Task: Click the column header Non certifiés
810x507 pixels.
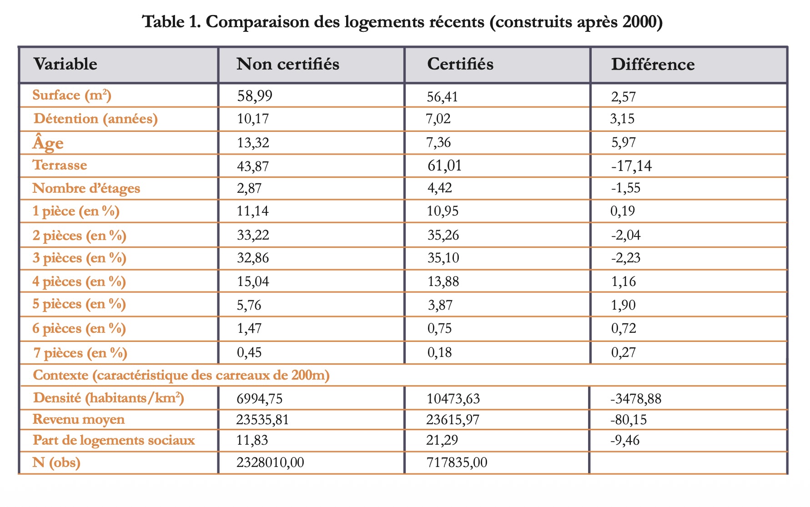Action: tap(287, 64)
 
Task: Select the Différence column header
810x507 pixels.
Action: tap(652, 65)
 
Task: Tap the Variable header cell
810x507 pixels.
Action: tap(65, 64)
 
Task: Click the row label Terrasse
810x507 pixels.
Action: tap(60, 165)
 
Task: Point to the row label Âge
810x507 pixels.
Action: tap(48, 143)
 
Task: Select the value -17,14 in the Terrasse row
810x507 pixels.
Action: tap(631, 166)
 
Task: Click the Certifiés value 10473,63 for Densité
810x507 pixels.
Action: tap(453, 399)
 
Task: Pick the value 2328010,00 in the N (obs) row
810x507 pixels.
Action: tap(270, 462)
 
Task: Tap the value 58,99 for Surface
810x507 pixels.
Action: tap(255, 95)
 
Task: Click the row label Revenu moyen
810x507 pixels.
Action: tap(78, 419)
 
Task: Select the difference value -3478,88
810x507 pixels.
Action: tap(635, 399)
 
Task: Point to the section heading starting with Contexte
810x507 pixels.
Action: tap(181, 375)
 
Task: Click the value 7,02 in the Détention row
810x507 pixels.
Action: tap(438, 119)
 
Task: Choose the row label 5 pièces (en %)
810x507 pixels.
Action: tap(79, 304)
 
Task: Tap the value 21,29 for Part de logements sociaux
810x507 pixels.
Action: tap(442, 440)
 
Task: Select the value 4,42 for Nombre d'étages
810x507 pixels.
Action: tap(439, 188)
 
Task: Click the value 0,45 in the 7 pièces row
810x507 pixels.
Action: tap(249, 352)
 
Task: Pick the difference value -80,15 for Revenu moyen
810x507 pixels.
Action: tap(628, 419)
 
